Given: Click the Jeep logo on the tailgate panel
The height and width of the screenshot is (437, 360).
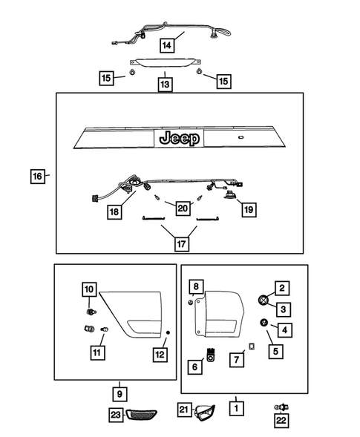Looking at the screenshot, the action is (180, 138).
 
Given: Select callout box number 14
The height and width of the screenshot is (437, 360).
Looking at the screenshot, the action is (167, 45).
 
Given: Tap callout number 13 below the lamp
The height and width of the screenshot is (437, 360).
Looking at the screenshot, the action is (165, 84).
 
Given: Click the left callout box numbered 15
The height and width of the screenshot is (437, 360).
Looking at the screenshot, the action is (106, 78).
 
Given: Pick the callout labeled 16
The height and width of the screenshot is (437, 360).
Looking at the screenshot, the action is (37, 176).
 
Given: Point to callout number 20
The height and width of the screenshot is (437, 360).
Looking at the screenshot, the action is (183, 208).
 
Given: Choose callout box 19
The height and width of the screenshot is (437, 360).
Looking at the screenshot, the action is (249, 209).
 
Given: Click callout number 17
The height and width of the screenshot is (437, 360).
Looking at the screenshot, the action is (181, 244).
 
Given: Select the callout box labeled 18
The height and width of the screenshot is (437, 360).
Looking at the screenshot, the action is (114, 211).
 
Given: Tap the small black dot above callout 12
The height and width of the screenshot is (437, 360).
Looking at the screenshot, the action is (168, 332).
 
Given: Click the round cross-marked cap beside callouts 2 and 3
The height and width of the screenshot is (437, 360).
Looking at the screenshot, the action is (264, 300).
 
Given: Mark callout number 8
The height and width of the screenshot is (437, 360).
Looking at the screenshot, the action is (196, 287).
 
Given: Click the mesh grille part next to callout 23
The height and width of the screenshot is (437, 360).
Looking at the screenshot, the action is (141, 415).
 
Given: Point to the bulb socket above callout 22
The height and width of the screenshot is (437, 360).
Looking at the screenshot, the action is (281, 407).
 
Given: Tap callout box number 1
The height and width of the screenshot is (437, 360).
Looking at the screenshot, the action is (236, 408).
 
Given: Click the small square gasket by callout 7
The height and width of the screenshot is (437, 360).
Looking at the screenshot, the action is (252, 346).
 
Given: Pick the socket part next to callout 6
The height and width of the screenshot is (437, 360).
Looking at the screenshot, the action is (212, 355).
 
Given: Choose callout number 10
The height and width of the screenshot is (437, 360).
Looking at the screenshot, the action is (89, 289).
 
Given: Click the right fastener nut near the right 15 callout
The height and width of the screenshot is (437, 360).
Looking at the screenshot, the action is (199, 71).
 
